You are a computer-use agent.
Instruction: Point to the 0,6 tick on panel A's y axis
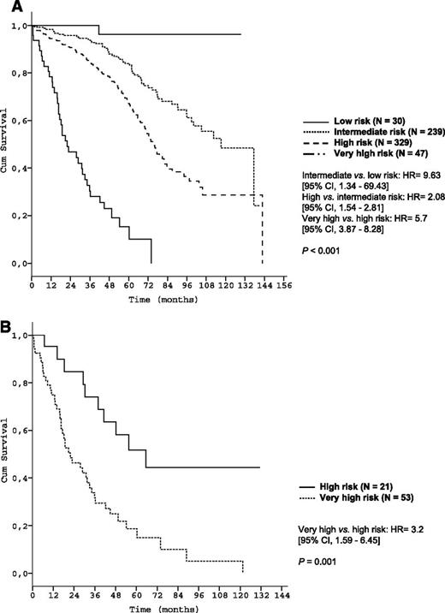(x=16, y=121)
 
